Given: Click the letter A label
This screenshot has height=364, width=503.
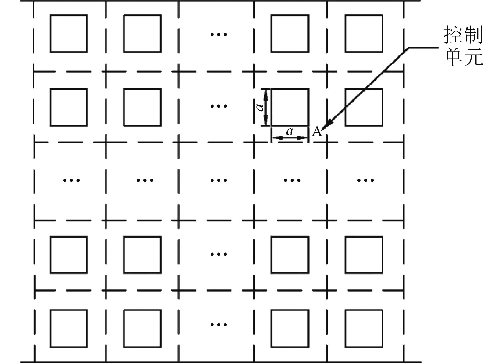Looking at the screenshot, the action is click(x=317, y=132).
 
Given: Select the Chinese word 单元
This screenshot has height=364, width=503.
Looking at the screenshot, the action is click(x=463, y=57).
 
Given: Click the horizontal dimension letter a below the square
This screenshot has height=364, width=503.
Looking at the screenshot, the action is click(x=290, y=132).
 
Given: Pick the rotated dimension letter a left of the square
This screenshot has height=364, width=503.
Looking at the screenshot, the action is click(x=260, y=107).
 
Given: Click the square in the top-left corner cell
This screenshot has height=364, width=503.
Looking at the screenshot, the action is click(x=69, y=34).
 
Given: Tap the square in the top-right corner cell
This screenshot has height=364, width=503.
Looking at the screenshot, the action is click(x=364, y=34).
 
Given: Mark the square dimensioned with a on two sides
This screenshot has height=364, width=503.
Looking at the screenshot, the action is click(x=290, y=108).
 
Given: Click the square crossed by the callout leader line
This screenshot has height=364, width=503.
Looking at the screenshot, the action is click(x=364, y=108).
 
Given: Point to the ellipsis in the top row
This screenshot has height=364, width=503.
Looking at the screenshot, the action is click(x=219, y=34).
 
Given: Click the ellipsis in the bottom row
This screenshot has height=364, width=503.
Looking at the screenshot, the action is click(x=219, y=324).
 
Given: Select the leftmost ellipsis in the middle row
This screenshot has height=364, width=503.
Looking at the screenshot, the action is click(x=71, y=180).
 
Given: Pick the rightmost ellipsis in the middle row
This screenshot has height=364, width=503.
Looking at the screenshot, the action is click(x=366, y=180).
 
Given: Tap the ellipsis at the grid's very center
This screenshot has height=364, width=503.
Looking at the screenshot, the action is click(x=219, y=180).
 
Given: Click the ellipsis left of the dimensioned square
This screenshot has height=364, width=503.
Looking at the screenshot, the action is click(x=219, y=106).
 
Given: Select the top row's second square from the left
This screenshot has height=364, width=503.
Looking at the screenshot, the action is click(x=142, y=34).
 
